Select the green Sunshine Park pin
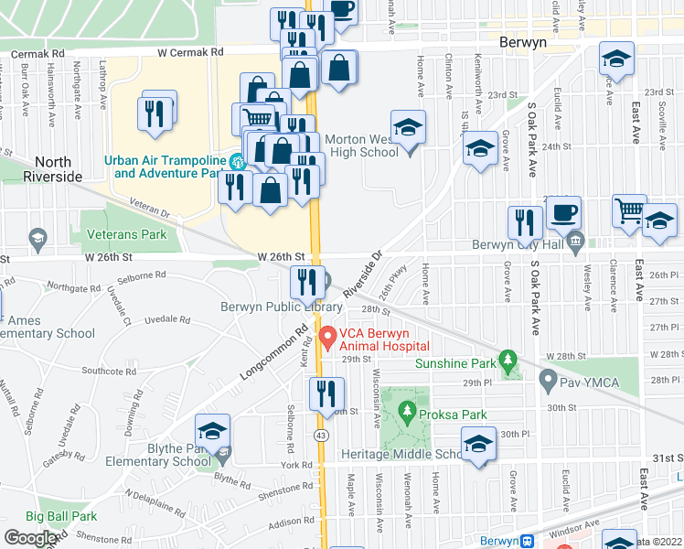coord(508,361)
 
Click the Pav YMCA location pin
coord(549,378)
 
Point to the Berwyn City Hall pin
coord(575,243)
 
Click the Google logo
coord(30,538)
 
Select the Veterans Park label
coord(126,234)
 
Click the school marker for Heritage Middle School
coord(478,445)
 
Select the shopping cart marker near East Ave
coord(629,211)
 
